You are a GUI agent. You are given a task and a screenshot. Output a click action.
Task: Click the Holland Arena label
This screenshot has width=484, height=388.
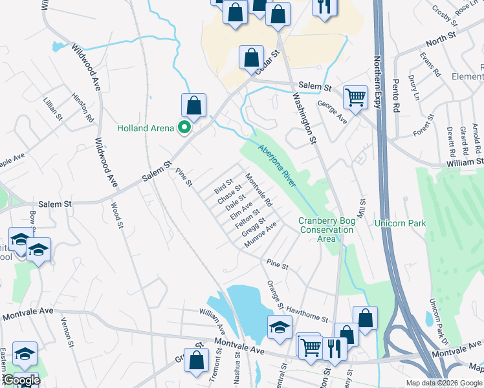click(x=146, y=128)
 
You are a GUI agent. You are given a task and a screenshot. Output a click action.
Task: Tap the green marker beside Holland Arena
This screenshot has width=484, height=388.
click(x=184, y=127)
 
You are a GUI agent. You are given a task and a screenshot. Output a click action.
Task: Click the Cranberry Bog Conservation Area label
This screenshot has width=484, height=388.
click(x=327, y=230)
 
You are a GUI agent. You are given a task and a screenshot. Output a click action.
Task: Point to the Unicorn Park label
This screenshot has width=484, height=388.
click(x=400, y=223)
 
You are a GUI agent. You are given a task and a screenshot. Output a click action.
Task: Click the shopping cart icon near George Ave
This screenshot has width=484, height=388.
click(x=355, y=96)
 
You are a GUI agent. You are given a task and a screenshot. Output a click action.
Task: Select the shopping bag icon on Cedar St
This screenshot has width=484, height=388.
click(x=250, y=58)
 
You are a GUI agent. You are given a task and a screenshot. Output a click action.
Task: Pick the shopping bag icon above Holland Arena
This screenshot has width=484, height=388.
click(x=193, y=105)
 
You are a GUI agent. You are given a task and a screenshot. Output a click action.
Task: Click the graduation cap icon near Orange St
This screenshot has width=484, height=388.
click(x=280, y=327)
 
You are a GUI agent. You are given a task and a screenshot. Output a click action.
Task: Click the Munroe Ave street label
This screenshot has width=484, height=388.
click(x=260, y=235)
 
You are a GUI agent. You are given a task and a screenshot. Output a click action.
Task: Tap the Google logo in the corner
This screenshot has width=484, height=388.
click(x=21, y=380)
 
